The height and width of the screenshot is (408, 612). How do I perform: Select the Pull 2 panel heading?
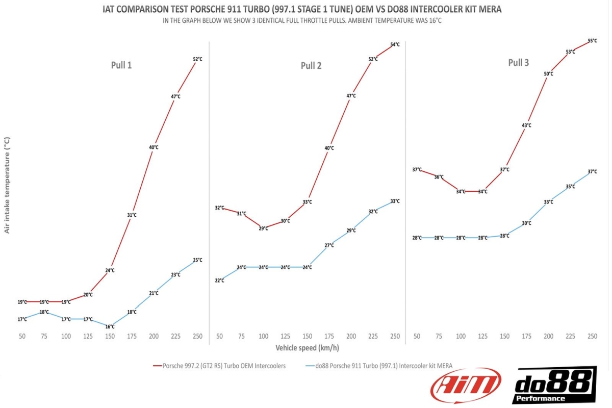point(311,65)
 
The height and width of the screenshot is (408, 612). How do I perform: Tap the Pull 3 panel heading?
point(518,63)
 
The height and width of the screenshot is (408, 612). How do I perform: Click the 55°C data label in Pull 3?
point(593,40)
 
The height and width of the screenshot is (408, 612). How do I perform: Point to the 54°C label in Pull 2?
point(395,44)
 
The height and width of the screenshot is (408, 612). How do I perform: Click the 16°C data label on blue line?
point(110,326)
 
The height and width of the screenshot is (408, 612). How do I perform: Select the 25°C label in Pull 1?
point(197,260)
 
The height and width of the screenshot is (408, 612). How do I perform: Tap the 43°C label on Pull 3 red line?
point(526,125)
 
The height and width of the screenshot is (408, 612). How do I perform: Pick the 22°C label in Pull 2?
point(219,280)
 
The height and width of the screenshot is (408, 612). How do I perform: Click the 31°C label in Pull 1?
point(132,215)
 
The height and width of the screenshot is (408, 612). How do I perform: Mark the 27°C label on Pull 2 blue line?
point(329,245)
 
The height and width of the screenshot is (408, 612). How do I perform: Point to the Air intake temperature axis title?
point(7,185)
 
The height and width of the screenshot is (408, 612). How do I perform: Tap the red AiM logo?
point(466,384)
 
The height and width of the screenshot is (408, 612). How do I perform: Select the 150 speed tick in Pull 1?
point(110,336)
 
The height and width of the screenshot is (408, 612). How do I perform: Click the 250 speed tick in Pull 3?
point(592,336)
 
